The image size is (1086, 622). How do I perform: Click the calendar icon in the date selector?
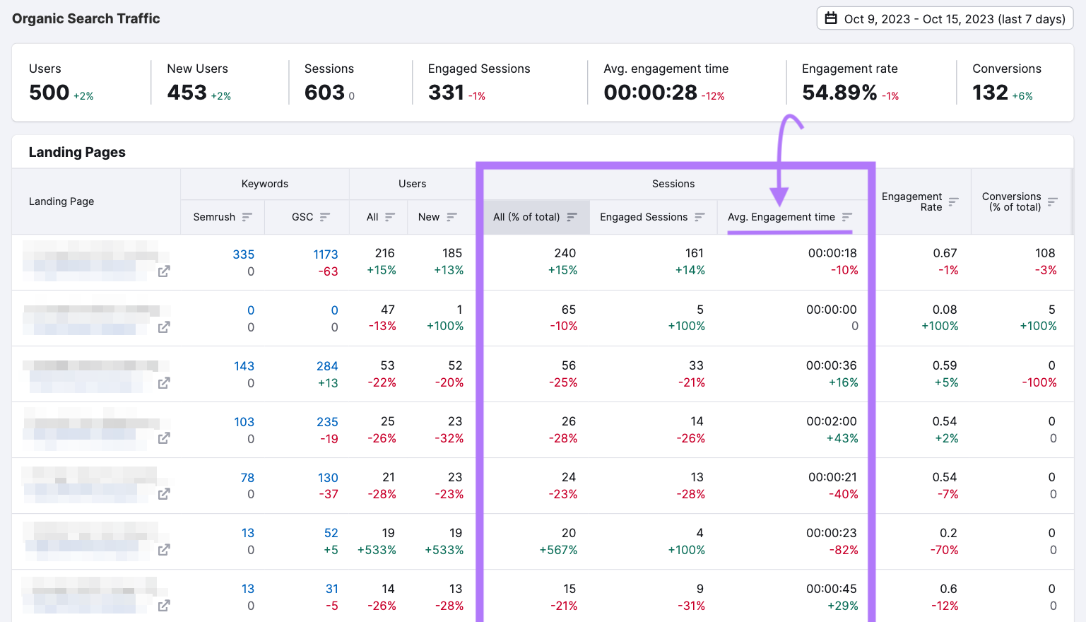pos(831,18)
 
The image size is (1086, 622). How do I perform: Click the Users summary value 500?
pos(49,93)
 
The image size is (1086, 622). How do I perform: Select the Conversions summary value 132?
pos(990,93)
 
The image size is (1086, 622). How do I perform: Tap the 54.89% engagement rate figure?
pos(839,93)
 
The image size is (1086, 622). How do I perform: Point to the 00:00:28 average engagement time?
pos(650,93)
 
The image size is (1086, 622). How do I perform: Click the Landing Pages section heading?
pos(77,152)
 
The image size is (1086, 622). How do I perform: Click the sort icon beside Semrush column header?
pos(247,217)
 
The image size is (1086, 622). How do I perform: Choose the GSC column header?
pos(302,217)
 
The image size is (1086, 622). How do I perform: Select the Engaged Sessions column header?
pos(644,217)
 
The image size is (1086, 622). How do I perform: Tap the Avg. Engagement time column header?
pos(781,217)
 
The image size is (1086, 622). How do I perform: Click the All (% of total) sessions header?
pos(526,217)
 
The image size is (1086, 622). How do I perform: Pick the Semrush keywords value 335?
pos(243,254)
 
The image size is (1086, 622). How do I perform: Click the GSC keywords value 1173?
pos(326,254)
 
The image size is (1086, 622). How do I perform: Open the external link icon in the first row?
pos(164,271)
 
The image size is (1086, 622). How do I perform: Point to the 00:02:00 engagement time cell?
pos(831,421)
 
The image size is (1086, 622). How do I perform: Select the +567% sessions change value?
pos(558,550)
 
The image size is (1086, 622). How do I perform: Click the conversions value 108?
pos(1044,253)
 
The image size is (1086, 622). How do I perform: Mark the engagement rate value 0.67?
pos(945,253)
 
